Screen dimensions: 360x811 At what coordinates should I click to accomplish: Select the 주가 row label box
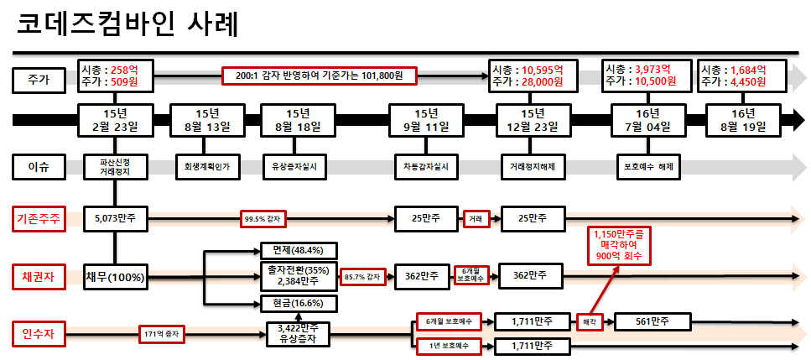pyautogui.click(x=39, y=80)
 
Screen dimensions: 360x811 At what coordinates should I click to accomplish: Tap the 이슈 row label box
pyautogui.click(x=39, y=166)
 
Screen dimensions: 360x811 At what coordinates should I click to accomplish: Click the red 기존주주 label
pyautogui.click(x=39, y=220)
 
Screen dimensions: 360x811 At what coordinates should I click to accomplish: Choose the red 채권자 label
pyautogui.click(x=39, y=276)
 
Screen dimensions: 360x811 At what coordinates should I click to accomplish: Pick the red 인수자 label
pyautogui.click(x=39, y=332)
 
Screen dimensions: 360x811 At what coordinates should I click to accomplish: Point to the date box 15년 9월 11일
pyautogui.click(x=425, y=120)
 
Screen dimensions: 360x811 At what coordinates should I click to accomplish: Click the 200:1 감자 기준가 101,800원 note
pyautogui.click(x=319, y=76)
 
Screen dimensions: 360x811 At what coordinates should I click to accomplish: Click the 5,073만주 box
pyautogui.click(x=116, y=220)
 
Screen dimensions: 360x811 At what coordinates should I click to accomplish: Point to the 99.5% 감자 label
pyautogui.click(x=263, y=220)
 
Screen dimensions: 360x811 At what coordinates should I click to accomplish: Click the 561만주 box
pyautogui.click(x=652, y=321)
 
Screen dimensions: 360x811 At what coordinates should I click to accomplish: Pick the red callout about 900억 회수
pyautogui.click(x=621, y=243)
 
